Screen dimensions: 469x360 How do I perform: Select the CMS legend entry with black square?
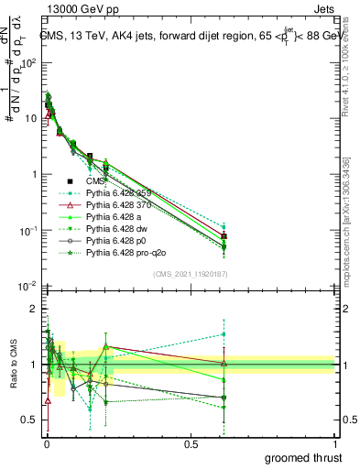[109, 181]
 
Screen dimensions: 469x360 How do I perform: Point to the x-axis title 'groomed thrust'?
[303, 457]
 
